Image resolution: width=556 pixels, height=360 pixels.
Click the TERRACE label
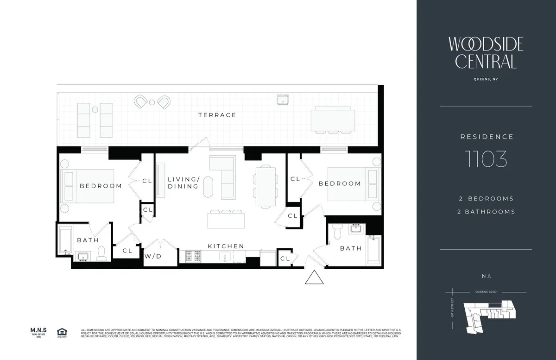(217, 115)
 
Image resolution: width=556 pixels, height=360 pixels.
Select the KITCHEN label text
(226, 246)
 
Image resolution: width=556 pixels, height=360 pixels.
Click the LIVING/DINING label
(183, 183)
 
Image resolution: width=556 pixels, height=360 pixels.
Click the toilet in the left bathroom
(101, 253)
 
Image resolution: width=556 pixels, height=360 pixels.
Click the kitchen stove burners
(193, 256)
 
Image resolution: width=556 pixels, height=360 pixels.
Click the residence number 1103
(486, 159)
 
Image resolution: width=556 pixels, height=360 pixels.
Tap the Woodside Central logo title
(486, 52)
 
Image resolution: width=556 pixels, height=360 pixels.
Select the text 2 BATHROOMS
(486, 212)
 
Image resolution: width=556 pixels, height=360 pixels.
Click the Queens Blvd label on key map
(486, 292)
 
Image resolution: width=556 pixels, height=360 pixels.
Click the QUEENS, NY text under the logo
(486, 79)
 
